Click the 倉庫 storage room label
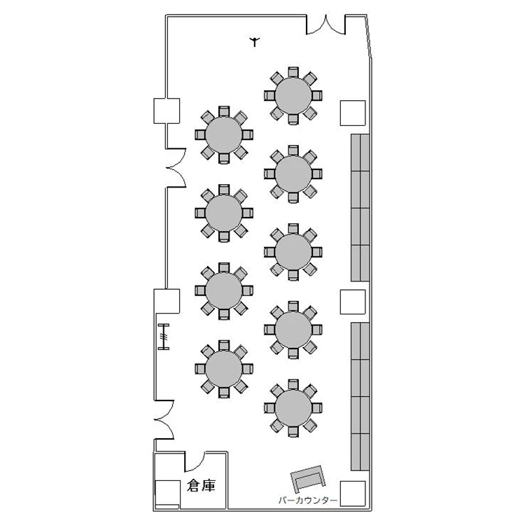[201, 486]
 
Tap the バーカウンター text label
[308, 500]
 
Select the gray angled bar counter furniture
[308, 477]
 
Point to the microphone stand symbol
[255, 41]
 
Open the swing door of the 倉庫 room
[195, 461]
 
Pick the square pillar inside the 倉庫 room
[168, 493]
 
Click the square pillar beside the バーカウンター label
[353, 493]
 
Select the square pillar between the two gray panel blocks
[353, 302]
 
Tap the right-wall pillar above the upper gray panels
[353, 113]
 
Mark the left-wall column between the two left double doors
[167, 301]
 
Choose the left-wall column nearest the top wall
[167, 111]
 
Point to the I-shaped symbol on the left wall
[164, 337]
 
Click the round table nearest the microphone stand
[293, 96]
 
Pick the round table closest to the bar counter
[293, 408]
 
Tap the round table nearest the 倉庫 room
[224, 369]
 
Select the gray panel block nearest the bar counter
[360, 396]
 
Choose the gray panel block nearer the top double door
[360, 208]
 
